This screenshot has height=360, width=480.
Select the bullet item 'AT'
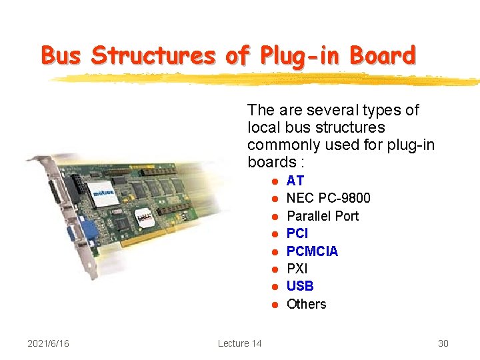pyautogui.click(x=295, y=181)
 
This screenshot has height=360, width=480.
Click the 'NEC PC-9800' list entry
pyautogui.click(x=328, y=198)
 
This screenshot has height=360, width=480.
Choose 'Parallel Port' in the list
pyautogui.click(x=322, y=216)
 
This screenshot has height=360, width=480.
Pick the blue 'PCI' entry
pyautogui.click(x=297, y=233)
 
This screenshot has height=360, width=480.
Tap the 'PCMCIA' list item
pyautogui.click(x=312, y=251)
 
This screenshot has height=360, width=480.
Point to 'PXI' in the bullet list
pyautogui.click(x=297, y=269)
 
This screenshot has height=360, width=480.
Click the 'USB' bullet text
pyautogui.click(x=299, y=286)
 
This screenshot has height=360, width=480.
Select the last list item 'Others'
pyautogui.click(x=306, y=304)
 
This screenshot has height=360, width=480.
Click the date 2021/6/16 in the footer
pyautogui.click(x=47, y=343)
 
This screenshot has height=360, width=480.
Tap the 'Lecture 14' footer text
pyautogui.click(x=239, y=343)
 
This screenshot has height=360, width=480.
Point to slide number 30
pyautogui.click(x=443, y=343)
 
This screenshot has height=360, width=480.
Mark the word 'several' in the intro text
pyautogui.click(x=332, y=110)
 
